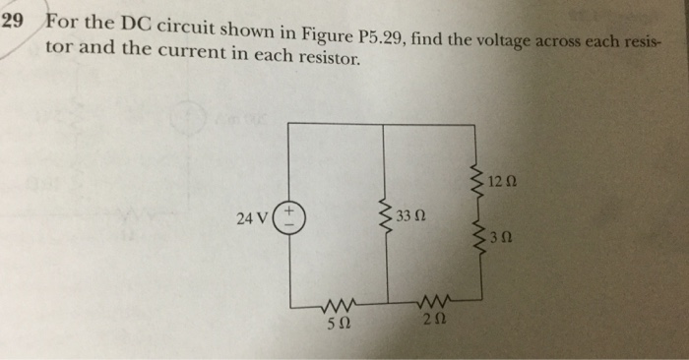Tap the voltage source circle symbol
click(290, 217)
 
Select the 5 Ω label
click(337, 322)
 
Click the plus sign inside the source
click(290, 210)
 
